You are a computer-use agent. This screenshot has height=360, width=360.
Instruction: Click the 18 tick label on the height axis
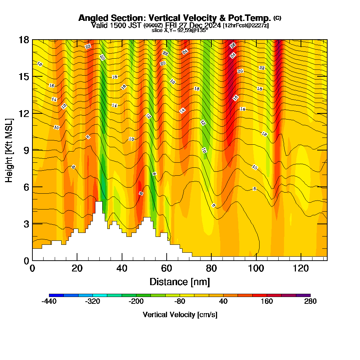click(24, 40)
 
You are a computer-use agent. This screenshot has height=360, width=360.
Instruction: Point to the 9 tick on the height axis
click(32, 150)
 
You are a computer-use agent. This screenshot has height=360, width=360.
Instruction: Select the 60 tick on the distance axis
click(167, 260)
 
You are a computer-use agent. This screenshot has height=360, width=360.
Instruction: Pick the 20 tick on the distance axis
click(77, 260)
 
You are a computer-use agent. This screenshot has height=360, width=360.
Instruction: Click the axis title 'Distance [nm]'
click(180, 282)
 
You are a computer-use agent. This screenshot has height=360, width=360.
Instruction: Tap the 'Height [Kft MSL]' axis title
click(9, 150)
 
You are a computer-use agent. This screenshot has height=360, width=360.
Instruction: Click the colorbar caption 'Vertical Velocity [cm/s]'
click(180, 315)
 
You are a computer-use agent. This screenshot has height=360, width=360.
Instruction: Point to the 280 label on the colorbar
click(310, 302)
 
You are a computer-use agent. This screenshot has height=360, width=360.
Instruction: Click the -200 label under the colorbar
click(136, 302)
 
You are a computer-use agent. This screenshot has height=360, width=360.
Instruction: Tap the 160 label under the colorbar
click(267, 302)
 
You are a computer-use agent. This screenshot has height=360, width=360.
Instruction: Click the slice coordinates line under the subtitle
click(180, 30)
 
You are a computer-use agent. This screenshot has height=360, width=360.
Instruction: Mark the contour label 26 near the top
click(233, 46)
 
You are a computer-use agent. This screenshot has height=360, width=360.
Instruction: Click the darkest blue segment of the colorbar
click(56, 295)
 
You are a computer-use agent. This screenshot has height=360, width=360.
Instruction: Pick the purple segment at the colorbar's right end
click(303, 295)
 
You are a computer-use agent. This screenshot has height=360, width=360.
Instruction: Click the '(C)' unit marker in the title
click(277, 18)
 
